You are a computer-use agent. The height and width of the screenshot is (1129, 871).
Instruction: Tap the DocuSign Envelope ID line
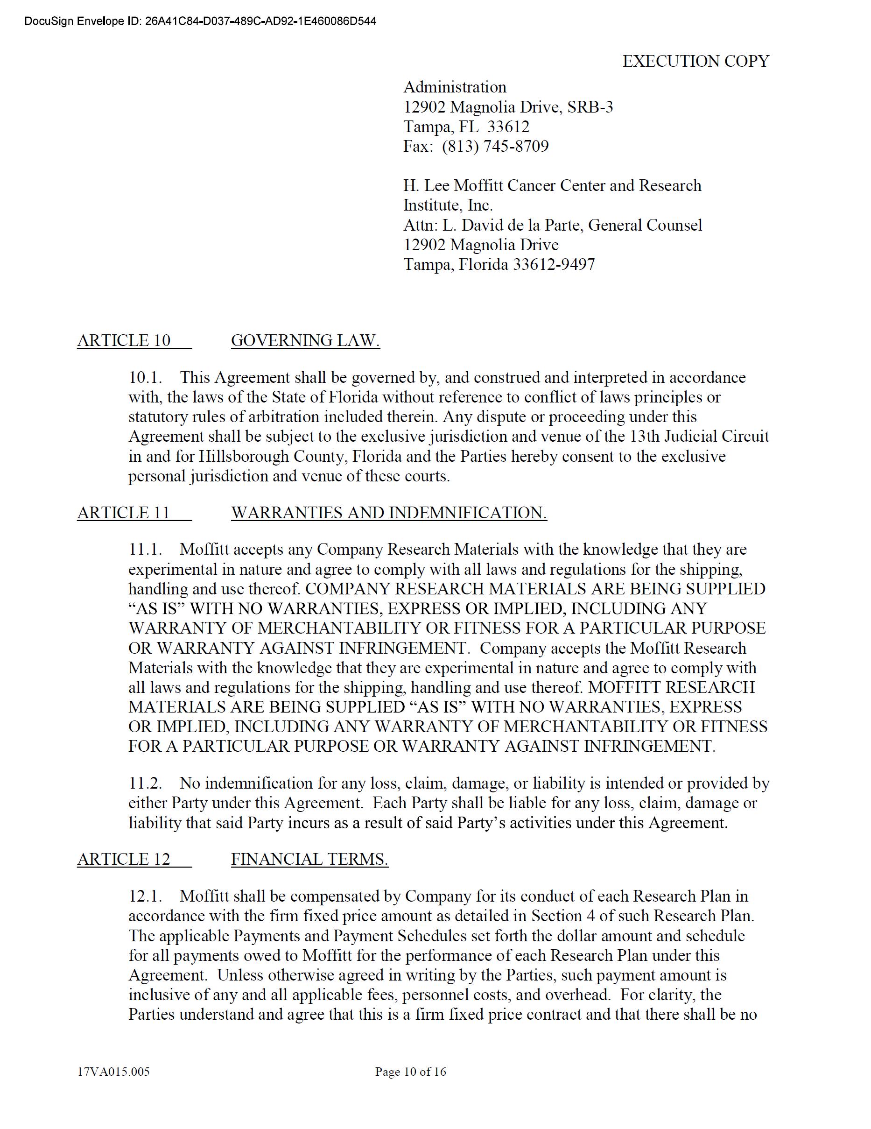200,21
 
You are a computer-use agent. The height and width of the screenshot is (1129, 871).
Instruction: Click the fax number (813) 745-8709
495,146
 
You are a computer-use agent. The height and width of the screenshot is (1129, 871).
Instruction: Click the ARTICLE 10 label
124,341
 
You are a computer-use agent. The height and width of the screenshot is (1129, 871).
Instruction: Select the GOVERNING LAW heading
305,341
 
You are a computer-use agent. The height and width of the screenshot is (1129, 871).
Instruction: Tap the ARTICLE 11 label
124,513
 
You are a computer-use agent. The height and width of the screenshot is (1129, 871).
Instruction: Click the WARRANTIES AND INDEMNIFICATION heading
389,513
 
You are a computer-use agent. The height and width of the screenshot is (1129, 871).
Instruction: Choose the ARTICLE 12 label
124,859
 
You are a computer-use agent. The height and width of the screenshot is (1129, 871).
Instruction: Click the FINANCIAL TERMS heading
309,859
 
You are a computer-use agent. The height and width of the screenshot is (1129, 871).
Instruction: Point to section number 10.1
145,378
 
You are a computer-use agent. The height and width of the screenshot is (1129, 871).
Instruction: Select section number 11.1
145,550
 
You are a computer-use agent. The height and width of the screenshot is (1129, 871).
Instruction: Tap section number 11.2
145,783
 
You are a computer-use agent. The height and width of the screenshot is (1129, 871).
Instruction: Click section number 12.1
145,896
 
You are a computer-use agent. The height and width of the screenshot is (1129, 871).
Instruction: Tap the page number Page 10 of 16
410,1072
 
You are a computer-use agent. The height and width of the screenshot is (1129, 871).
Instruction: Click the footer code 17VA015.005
113,1072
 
